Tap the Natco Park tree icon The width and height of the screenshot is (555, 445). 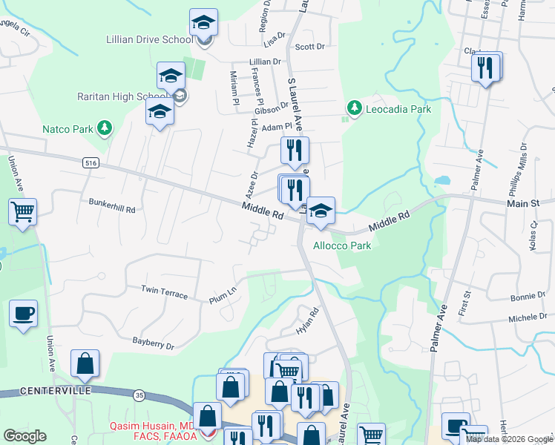coord(105,128)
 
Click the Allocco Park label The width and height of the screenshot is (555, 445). coord(342,245)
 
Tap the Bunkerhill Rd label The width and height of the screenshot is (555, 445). coord(112,210)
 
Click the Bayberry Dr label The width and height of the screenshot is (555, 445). coord(153,344)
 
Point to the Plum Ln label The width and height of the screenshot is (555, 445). coord(223,291)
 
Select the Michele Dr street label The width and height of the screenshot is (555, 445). coord(528,316)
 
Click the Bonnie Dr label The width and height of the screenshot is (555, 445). coord(528,297)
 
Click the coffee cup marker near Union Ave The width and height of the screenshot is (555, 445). coord(23,312)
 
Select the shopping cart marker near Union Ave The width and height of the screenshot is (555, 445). coord(23,211)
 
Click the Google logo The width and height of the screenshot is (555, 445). coord(24,435)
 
